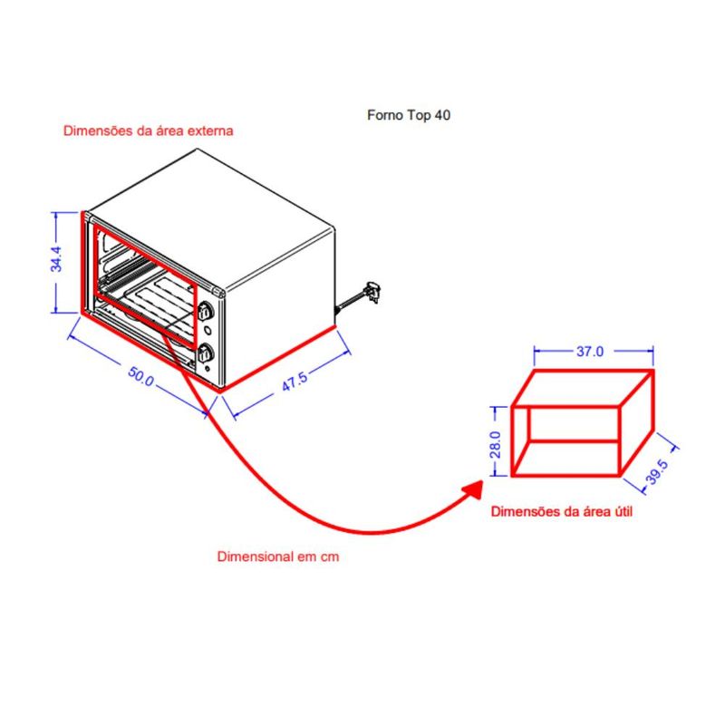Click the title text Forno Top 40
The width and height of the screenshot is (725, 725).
coord(409,115)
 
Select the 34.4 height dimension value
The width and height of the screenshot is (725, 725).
coord(56,259)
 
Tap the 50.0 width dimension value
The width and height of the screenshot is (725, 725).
coord(141,376)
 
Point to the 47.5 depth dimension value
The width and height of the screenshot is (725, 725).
coord(295,382)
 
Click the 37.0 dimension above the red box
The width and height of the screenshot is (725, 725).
coord(590,352)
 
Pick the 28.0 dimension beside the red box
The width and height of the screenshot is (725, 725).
coord(495,444)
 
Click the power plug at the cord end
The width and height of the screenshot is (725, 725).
coord(372,292)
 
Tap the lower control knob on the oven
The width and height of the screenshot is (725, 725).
coord(206,353)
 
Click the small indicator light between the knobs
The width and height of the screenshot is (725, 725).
coord(208,331)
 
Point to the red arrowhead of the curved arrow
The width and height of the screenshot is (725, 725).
coord(472,490)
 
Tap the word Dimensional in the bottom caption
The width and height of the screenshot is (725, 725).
coord(256,556)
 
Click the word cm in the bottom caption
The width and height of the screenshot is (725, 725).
coord(330,557)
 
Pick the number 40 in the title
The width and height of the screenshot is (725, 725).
coord(442,115)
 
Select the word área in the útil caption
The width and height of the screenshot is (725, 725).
coord(594,512)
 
